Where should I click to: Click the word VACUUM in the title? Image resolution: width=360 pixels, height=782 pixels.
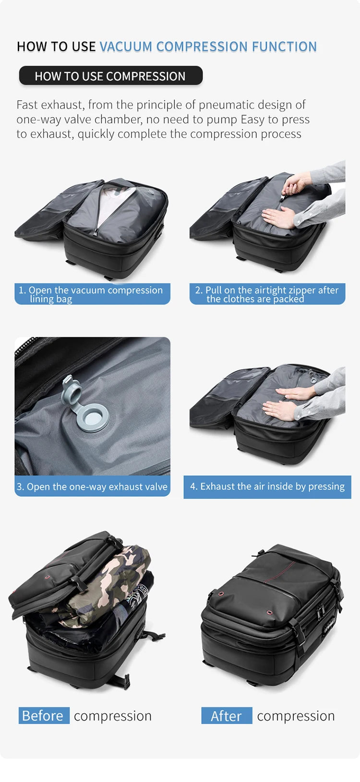126,47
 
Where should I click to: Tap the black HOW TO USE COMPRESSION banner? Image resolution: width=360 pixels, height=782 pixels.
110,76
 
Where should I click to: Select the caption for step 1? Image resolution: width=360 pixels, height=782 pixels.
92,294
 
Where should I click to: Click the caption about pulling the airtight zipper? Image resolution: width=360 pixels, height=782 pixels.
267,294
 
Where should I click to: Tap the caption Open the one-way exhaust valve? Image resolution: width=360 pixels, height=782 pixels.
92,486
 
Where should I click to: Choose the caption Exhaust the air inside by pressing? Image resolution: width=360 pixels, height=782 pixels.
267,487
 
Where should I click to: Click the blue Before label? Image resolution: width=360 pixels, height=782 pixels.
43,715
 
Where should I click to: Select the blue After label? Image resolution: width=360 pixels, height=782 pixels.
227,715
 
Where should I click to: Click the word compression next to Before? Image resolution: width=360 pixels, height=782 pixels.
113,715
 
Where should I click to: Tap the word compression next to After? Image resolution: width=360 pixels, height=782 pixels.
296,715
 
